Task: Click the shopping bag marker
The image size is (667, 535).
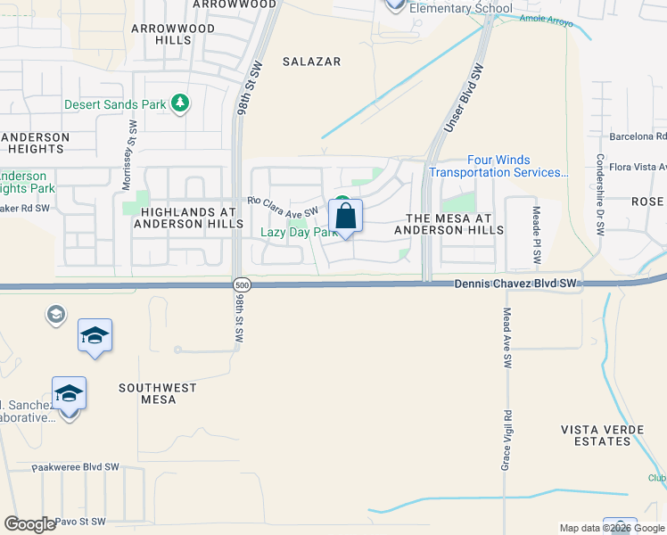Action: [x=346, y=216]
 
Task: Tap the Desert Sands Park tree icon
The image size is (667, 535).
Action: [x=181, y=103]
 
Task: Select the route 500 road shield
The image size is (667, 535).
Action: [x=241, y=285]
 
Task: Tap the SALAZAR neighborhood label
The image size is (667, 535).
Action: [x=311, y=61]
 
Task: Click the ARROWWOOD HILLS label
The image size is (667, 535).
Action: [x=173, y=35]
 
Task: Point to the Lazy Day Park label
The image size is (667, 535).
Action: [x=298, y=233]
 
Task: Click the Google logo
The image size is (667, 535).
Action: [x=29, y=524]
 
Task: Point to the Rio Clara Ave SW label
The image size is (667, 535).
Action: [x=283, y=204]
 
